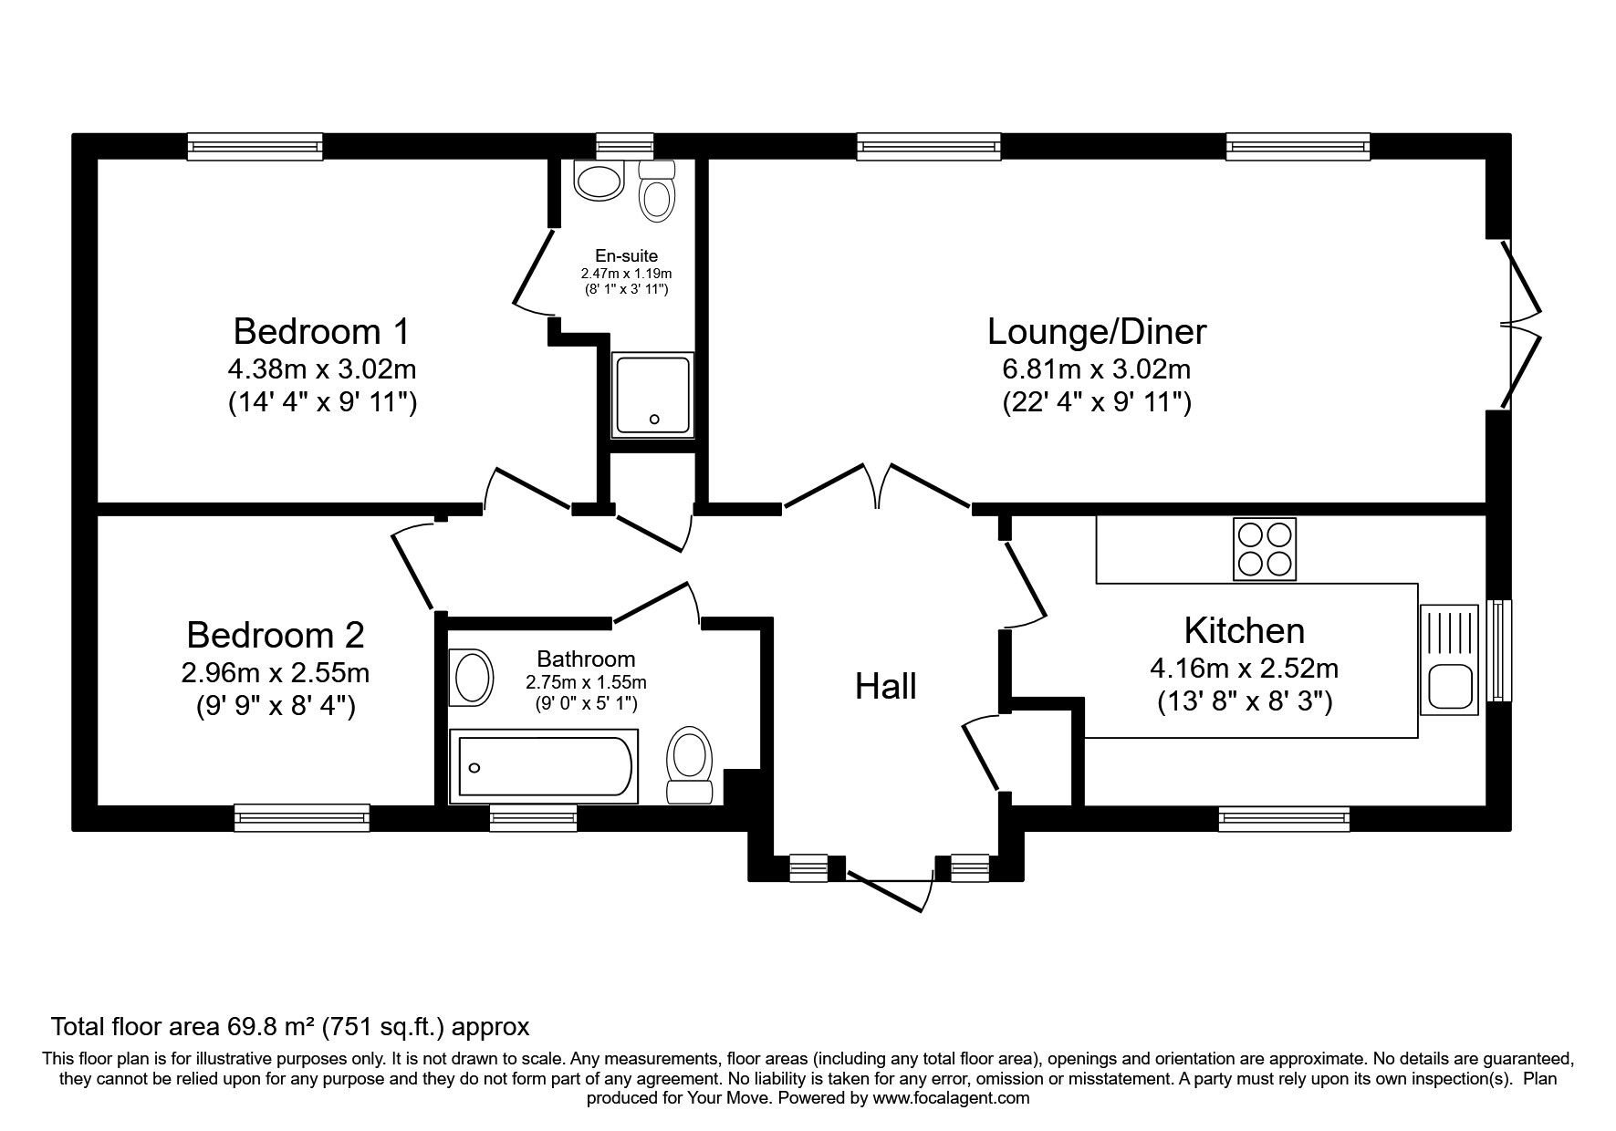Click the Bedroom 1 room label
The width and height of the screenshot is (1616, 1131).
point(322,331)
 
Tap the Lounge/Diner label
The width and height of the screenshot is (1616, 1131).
point(1097,332)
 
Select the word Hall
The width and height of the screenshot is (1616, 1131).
point(886,687)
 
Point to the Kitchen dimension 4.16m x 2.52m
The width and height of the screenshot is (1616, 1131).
point(1244,669)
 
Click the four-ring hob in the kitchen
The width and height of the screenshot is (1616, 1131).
point(1264,549)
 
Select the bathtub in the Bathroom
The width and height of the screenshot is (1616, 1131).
point(545,766)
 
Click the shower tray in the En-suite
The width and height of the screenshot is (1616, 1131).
point(652,393)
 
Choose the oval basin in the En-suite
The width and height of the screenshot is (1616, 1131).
point(598,181)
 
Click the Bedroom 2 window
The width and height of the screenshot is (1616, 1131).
point(302,818)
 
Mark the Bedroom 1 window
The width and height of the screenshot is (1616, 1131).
point(255,147)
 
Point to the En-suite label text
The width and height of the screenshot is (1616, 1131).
point(626,256)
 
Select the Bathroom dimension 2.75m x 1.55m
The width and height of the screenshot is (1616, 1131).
point(586,682)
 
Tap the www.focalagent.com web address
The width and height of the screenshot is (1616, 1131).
point(951,1098)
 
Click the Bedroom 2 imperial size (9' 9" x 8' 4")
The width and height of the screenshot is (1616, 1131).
point(276,706)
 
